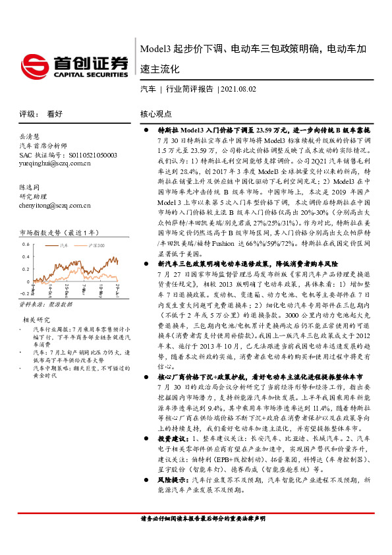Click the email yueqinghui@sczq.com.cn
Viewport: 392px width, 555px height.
(55, 163)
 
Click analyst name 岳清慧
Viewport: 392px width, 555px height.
(30, 136)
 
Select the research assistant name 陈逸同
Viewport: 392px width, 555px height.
(30, 187)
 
